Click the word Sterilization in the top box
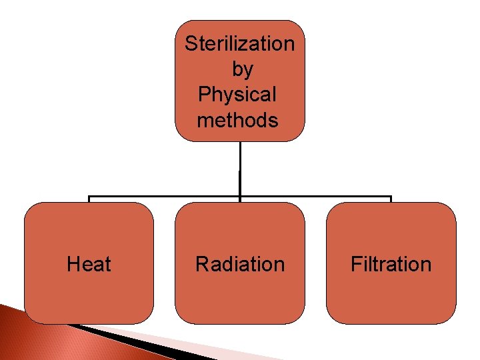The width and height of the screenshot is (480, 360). pos(239,44)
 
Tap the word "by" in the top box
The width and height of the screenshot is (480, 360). pos(242,69)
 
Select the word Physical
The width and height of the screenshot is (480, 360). pos(237,95)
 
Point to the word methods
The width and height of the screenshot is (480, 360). pos(237,121)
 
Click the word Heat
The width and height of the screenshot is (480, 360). pos(89,265)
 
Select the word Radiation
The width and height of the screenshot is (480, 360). pos(240,265)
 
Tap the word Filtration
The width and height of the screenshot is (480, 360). pos(391,265)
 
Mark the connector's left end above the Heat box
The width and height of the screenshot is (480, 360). pos(89,198)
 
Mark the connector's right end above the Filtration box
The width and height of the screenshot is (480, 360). pos(391,198)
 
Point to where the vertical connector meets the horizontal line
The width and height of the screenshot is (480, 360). pos(240,197)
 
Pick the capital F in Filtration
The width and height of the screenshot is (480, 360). pos(355,265)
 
